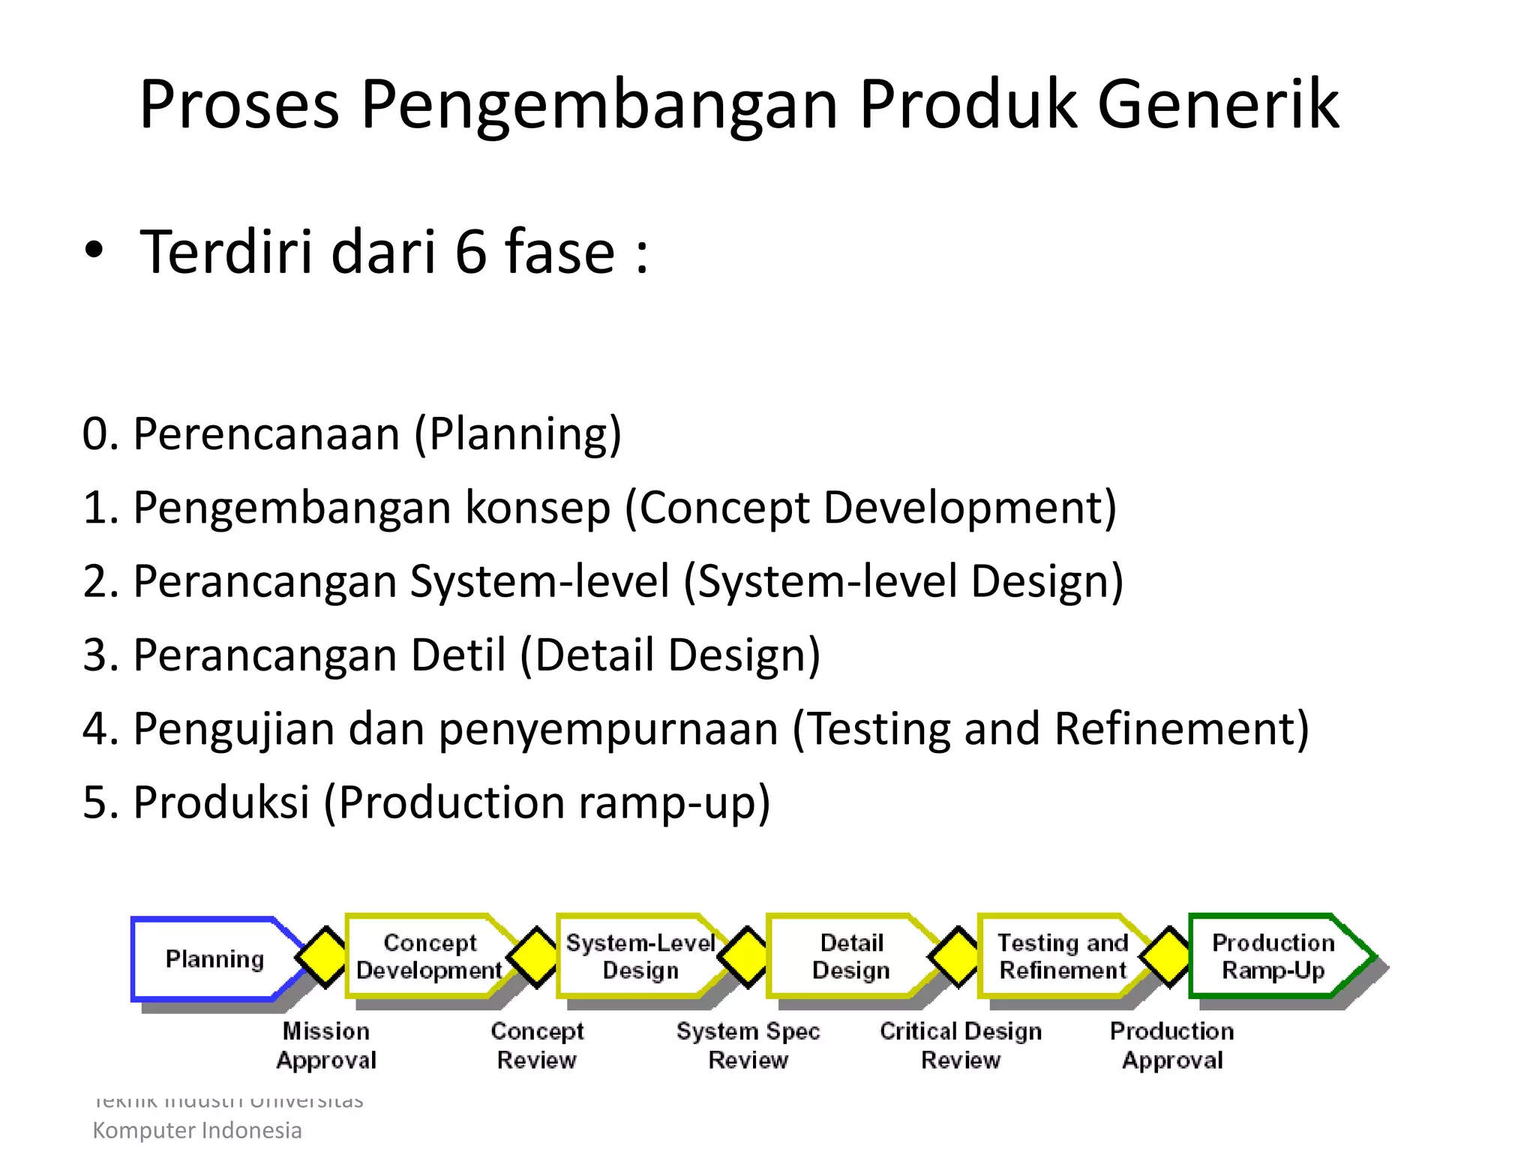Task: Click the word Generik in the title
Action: tap(1218, 105)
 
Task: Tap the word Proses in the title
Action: tap(238, 105)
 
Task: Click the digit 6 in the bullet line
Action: tap(471, 252)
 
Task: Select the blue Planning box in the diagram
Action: tap(214, 958)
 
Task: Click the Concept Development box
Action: tap(429, 956)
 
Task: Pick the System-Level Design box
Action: tap(640, 956)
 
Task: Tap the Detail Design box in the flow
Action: tap(850, 956)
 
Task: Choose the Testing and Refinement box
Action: tap(1062, 956)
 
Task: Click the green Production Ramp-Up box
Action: tap(1273, 956)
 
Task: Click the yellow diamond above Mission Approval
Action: tap(324, 957)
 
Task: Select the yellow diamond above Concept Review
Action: tap(535, 957)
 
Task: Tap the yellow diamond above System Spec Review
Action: tap(746, 957)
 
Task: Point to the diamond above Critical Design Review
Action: tap(958, 957)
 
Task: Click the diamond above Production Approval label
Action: tap(1168, 957)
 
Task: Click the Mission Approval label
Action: tap(326, 1045)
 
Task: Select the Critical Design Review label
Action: tap(961, 1045)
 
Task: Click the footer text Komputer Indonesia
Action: tap(196, 1130)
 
